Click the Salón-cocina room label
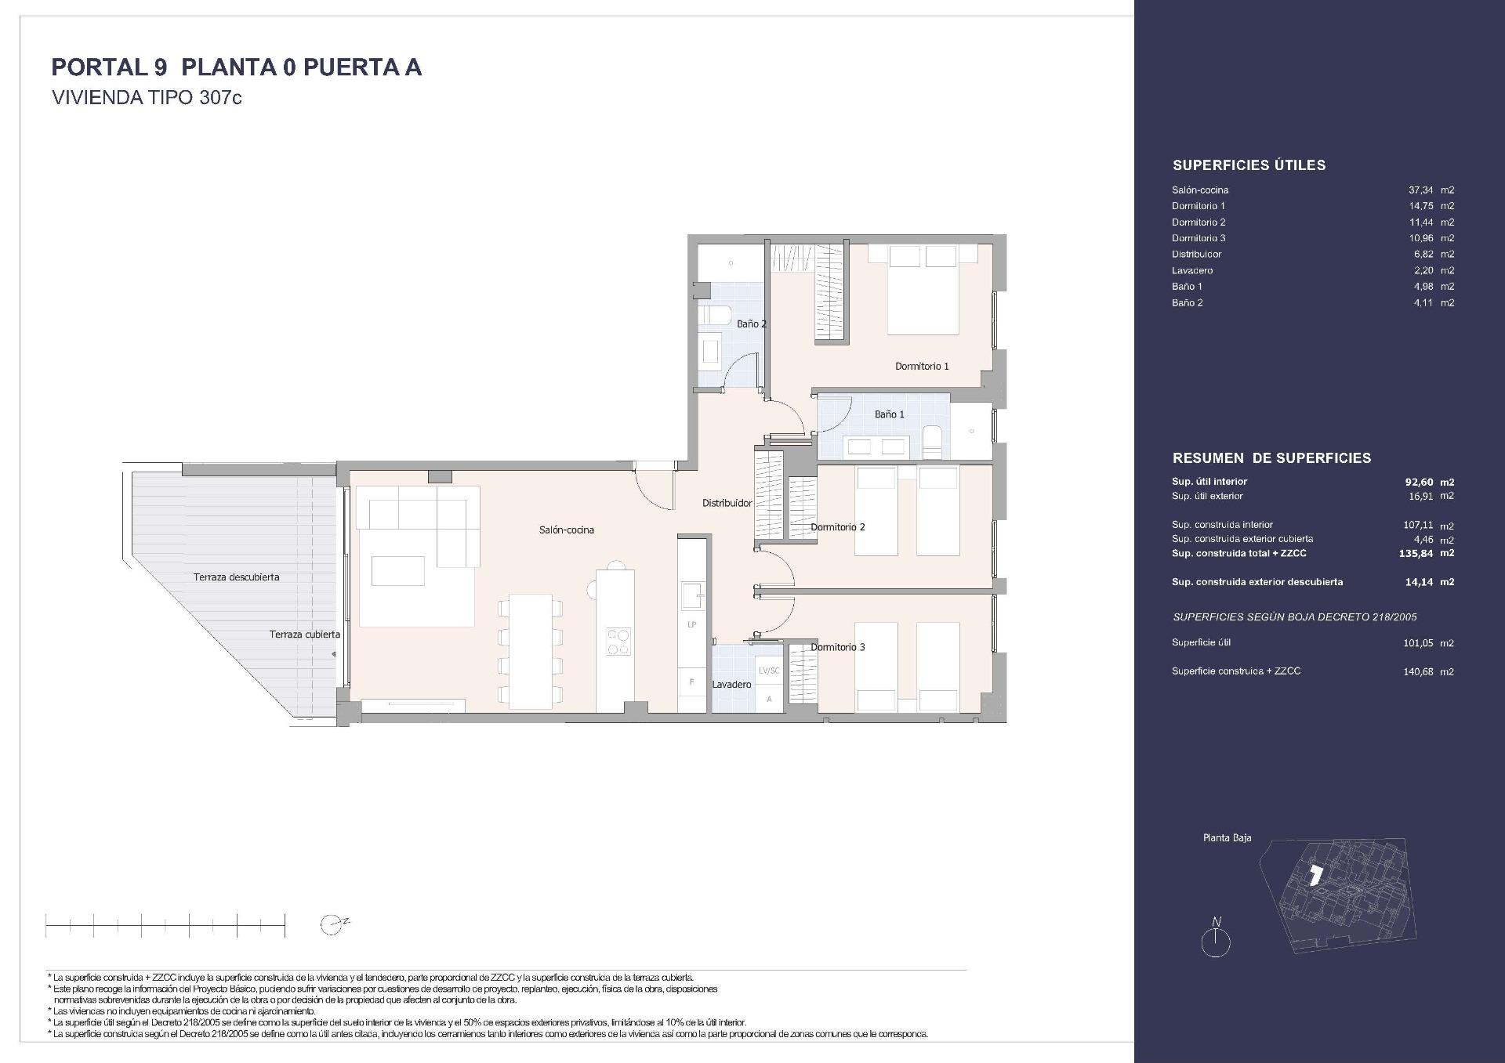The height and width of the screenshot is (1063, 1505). pos(566,530)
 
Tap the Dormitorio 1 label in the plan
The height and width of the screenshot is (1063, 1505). pos(922,366)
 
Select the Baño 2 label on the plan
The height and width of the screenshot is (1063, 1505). pos(751,324)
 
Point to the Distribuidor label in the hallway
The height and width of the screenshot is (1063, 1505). pos(727,504)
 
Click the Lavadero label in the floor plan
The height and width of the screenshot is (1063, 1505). pos(731,685)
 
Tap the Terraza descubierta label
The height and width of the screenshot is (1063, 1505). pos(236,577)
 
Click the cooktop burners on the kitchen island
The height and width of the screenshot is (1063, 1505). pos(618,642)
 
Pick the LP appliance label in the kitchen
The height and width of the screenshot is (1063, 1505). pos(691,624)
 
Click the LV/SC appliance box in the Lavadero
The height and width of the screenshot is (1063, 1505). pos(768,671)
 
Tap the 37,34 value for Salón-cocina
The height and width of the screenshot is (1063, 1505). pos(1420,190)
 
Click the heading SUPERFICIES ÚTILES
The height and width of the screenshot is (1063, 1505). pos(1248,165)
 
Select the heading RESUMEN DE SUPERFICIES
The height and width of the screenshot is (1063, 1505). pos(1271,458)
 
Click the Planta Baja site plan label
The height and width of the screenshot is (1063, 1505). pos(1227,838)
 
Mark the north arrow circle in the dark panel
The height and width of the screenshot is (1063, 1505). pos(1216,943)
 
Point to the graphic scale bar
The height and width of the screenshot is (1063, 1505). pos(165,925)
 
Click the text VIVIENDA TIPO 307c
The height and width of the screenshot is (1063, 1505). pos(147,99)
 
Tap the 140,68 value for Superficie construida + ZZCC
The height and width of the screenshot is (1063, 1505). pos(1420,671)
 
